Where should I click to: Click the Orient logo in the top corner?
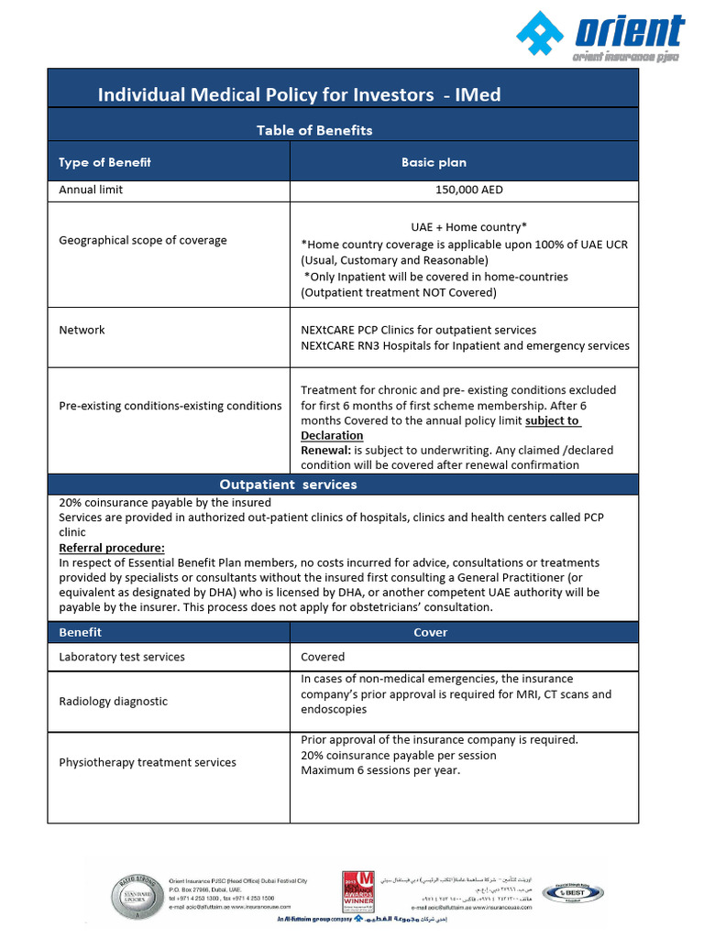[x=599, y=38]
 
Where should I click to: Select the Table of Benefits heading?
[x=314, y=130]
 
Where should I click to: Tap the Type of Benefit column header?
[x=104, y=162]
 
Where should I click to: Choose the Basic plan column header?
[x=434, y=162]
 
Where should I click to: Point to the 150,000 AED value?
[x=468, y=191]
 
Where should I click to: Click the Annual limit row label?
[x=91, y=191]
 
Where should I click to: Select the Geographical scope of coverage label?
[x=143, y=240]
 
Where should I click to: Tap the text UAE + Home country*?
[x=468, y=227]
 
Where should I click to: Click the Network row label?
[x=82, y=330]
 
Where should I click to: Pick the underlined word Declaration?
[x=332, y=435]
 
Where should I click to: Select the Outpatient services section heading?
[x=288, y=484]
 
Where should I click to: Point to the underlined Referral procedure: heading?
[x=112, y=548]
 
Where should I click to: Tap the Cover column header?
[x=431, y=632]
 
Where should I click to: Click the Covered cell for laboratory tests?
[x=323, y=657]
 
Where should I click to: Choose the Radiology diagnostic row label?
[x=113, y=701]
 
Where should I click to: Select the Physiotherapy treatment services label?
[x=147, y=762]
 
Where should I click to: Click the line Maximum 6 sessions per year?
[x=380, y=770]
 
